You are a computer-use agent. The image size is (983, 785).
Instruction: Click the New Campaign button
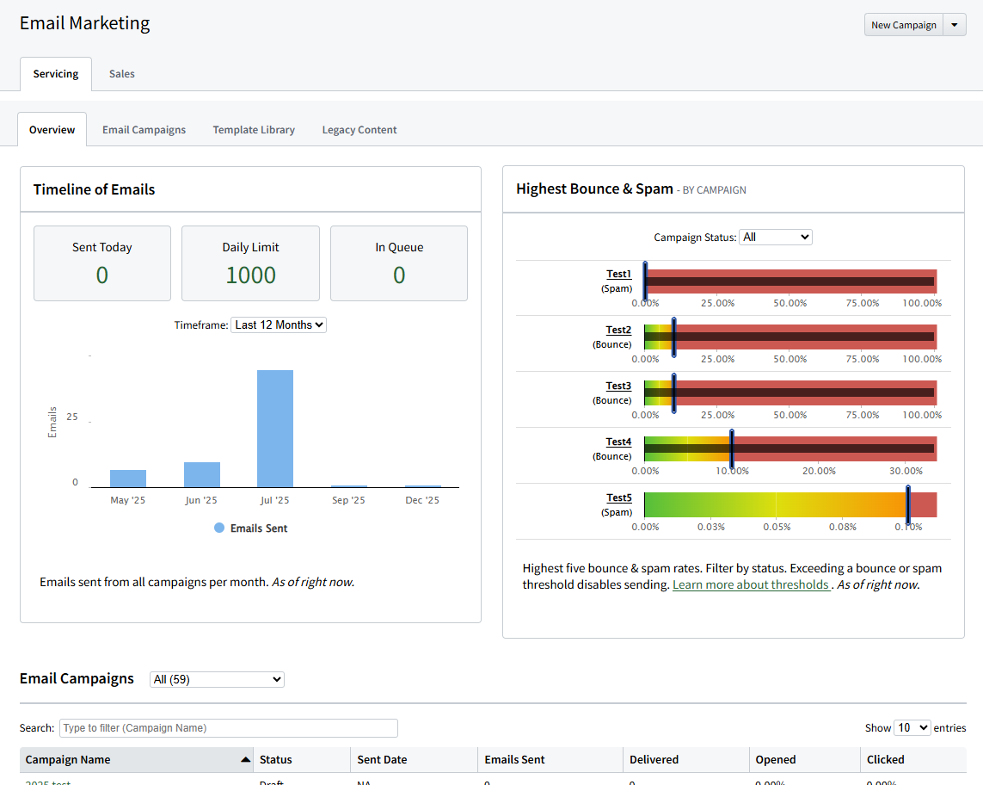tap(903, 25)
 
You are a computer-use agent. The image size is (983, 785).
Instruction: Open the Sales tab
tap(121, 74)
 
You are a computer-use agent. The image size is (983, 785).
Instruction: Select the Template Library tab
tap(254, 130)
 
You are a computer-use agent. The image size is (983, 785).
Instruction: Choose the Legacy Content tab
tap(359, 130)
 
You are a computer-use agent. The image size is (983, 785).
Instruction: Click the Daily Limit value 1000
tap(250, 275)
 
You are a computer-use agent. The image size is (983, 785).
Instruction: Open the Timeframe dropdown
tap(279, 325)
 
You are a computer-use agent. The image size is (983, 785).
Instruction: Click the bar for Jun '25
tap(202, 474)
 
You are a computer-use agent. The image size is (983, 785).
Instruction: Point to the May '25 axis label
tap(128, 500)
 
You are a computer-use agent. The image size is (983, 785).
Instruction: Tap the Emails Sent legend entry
tap(250, 528)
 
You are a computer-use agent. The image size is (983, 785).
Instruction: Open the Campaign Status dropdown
tap(775, 237)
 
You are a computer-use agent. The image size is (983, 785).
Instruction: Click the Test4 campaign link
tap(618, 442)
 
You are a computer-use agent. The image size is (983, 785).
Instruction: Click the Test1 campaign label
tap(618, 275)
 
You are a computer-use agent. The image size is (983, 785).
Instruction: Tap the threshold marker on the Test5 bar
tap(907, 504)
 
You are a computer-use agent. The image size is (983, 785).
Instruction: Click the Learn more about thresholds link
tap(751, 584)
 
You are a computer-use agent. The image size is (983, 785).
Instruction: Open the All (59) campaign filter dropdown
tap(217, 679)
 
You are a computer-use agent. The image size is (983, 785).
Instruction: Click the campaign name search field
tap(228, 728)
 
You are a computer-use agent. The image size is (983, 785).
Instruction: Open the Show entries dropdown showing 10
tap(912, 728)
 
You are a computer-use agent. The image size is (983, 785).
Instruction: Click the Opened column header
tap(775, 760)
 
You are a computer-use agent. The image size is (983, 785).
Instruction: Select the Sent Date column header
tap(382, 760)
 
